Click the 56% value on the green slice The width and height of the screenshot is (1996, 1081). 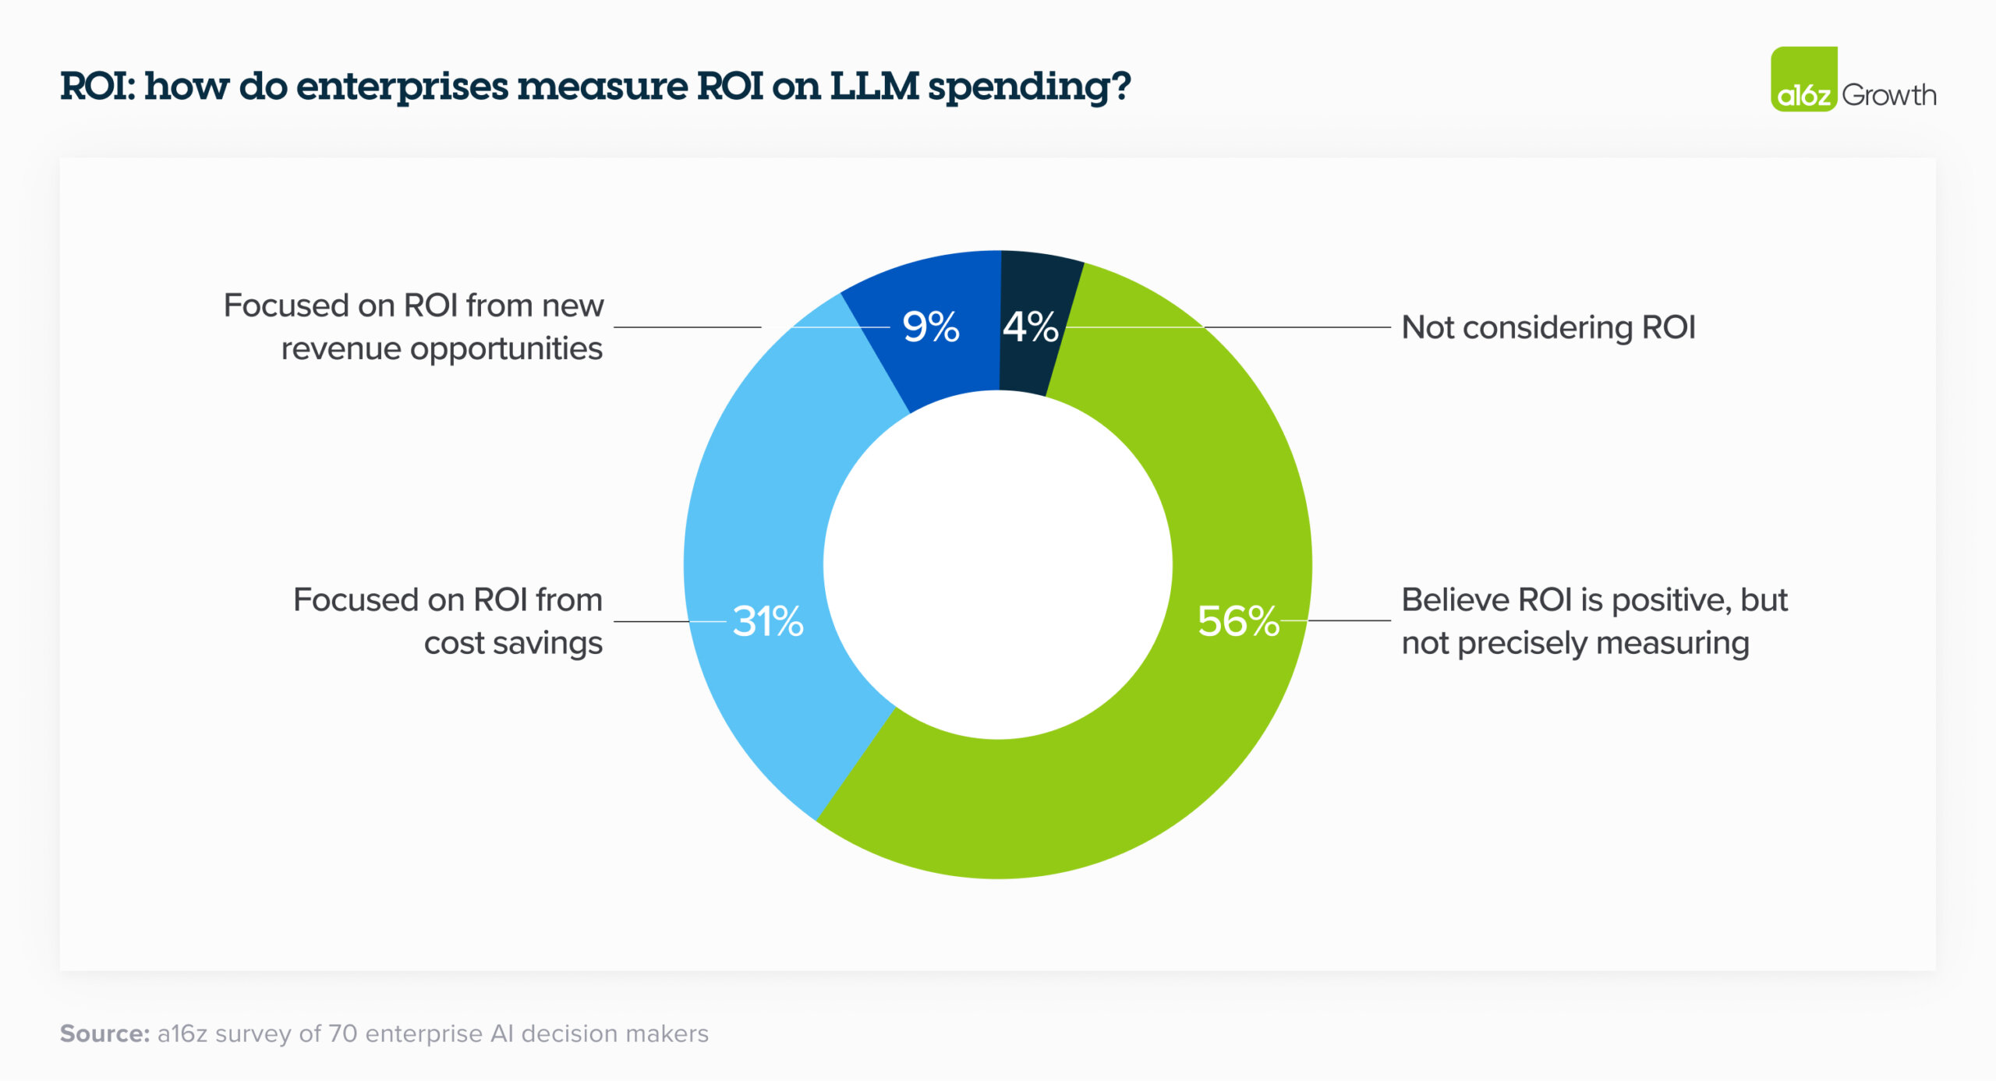pos(1238,622)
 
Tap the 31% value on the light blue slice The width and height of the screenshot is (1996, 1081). pos(768,622)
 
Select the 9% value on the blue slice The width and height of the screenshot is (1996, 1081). pos(930,327)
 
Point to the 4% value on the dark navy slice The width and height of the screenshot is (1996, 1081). pos(1030,327)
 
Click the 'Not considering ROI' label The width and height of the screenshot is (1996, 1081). pos(1548,327)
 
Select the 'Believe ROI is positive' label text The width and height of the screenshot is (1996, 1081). pos(1594,600)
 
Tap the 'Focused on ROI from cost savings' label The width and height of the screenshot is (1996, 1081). pos(448,621)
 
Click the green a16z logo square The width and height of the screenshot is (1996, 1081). pos(1803,79)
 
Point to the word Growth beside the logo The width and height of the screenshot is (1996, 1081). pos(1888,95)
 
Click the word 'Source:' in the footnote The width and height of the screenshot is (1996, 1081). pos(104,1033)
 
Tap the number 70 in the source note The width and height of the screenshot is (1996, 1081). pos(342,1033)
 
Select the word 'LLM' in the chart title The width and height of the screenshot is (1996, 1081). pos(874,86)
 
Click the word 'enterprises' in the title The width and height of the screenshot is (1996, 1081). pos(402,87)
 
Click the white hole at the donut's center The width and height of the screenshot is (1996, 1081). pos(998,565)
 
